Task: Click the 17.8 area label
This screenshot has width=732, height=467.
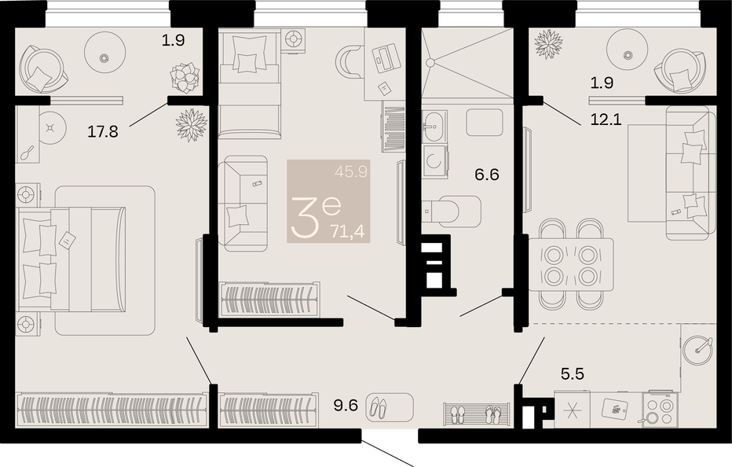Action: pos(103,132)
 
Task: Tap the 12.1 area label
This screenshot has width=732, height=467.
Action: pos(606,120)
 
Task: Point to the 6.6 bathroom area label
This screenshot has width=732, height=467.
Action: pos(487,175)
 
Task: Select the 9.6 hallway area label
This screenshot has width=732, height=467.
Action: pos(346,405)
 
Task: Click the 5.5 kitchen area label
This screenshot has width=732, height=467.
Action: pos(573,374)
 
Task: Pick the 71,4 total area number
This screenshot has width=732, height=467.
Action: pos(348,231)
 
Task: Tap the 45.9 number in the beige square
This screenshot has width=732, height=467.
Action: pos(351,172)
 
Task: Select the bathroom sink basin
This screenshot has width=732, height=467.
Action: pos(434,126)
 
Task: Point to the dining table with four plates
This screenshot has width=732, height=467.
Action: pos(571,265)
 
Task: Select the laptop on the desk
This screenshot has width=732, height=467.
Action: pos(385,57)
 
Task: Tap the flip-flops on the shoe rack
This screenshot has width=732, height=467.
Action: pos(493,414)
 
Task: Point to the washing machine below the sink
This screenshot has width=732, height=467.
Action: pos(435,161)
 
